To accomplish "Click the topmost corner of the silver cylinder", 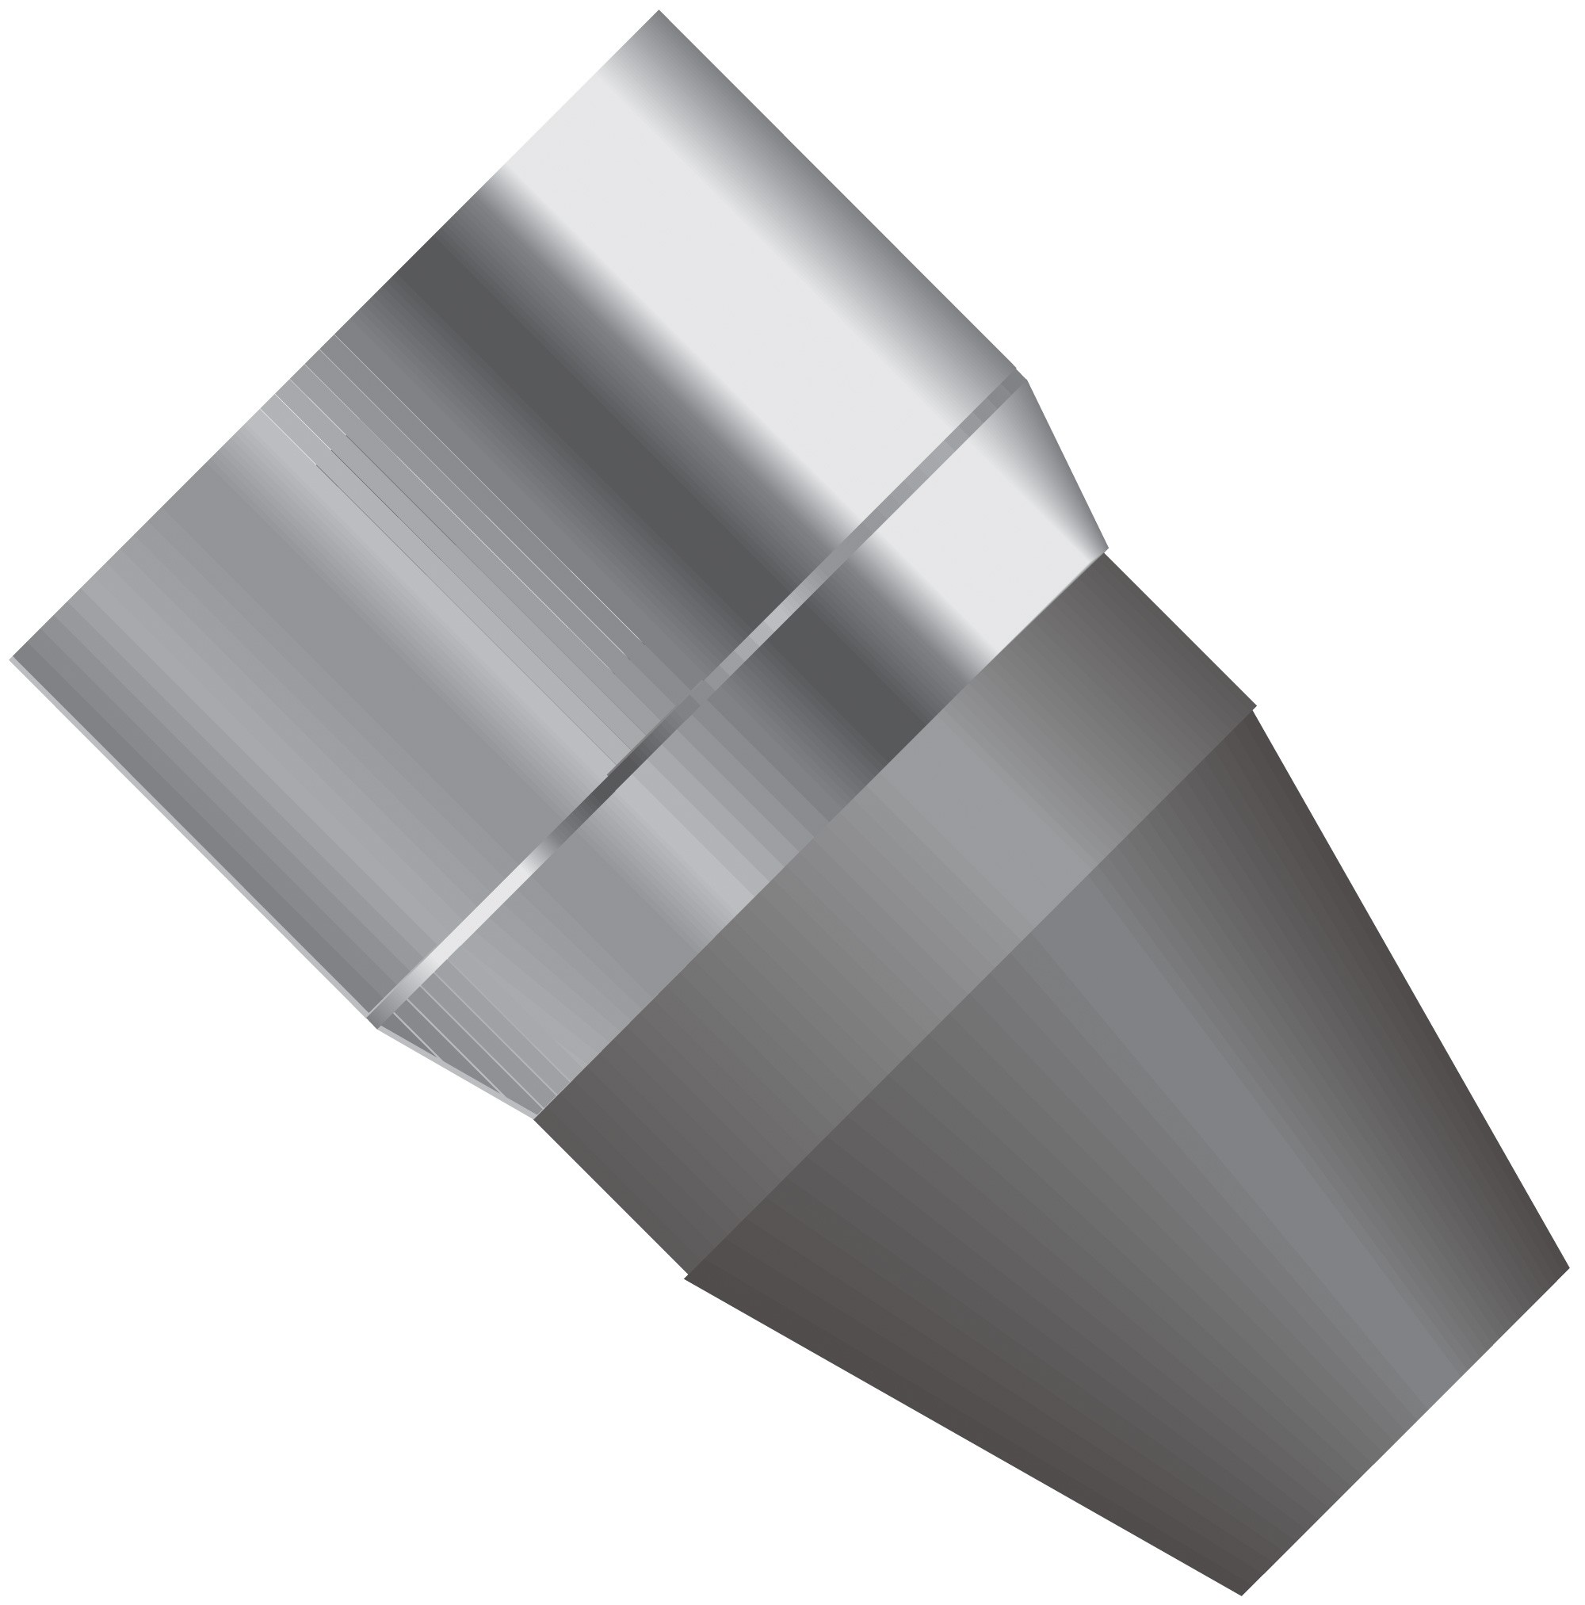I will click(x=659, y=12).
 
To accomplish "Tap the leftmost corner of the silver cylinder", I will click(x=12, y=659).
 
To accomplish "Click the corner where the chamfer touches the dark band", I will click(x=1106, y=551).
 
